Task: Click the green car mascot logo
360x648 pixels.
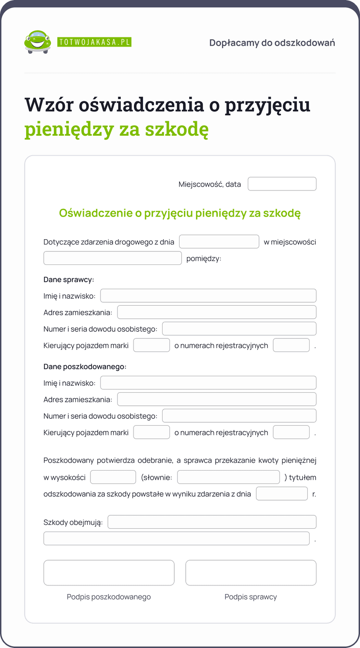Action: [x=37, y=42]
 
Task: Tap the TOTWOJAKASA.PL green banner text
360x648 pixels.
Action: [x=94, y=42]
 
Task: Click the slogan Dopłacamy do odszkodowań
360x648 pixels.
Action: [x=272, y=43]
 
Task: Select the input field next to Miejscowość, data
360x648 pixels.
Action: [x=282, y=184]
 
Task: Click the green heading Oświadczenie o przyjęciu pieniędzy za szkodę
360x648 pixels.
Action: [x=180, y=213]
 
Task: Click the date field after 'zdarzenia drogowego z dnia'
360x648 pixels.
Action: [x=219, y=242]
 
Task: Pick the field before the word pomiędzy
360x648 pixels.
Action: [x=112, y=258]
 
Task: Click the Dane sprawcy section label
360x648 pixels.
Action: [x=69, y=280]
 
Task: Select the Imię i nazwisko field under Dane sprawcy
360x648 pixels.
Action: [x=208, y=296]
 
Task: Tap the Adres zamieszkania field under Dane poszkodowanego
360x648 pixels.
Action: [x=217, y=399]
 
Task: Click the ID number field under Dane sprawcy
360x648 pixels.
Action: [x=239, y=329]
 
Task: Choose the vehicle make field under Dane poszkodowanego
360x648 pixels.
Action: [x=151, y=432]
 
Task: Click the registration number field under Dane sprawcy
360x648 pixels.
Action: [x=291, y=345]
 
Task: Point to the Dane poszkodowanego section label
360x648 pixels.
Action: [x=85, y=367]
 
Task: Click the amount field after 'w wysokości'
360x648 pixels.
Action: [x=113, y=477]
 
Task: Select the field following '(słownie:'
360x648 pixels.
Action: [x=228, y=477]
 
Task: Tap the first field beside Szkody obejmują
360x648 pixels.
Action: [x=212, y=522]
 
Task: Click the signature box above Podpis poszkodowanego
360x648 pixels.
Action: [x=109, y=573]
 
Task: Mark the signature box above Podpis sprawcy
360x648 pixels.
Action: [x=251, y=573]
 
